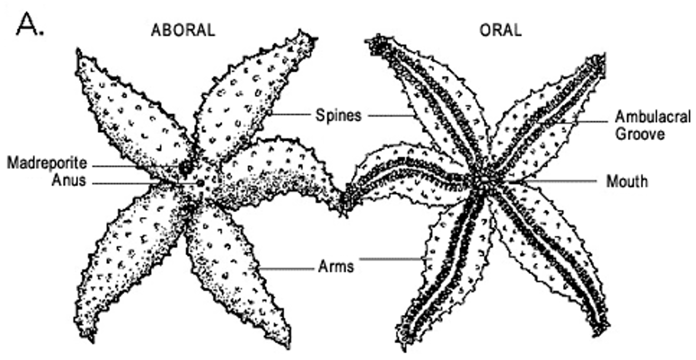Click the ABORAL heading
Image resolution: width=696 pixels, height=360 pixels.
point(183,30)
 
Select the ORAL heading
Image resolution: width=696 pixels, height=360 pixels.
point(501,30)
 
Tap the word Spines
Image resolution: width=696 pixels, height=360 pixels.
point(338,115)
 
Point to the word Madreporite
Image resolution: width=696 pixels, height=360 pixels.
point(47,163)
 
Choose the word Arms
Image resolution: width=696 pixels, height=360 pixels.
point(335,266)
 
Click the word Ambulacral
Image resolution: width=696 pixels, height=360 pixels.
point(652,117)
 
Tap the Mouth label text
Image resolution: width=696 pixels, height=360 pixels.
point(627,182)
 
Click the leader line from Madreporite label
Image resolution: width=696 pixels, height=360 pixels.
point(135,166)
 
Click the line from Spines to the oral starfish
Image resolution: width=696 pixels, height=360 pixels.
point(391,115)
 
